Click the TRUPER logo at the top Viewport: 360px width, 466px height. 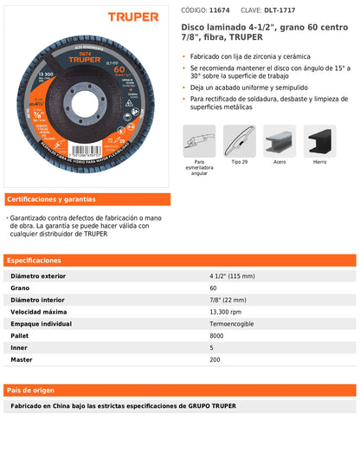(x=133, y=16)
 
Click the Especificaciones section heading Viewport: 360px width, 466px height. (x=35, y=260)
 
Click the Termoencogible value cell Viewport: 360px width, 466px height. (x=230, y=323)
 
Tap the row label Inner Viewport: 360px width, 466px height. (x=19, y=346)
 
